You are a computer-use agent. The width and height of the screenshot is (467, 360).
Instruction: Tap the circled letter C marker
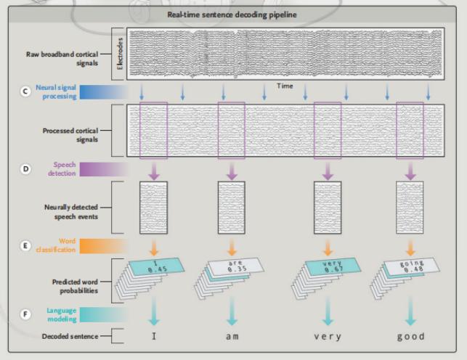[26, 91]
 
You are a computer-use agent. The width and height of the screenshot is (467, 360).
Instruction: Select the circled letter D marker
[26, 169]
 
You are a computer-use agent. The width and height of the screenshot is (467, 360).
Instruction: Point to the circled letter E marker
[26, 246]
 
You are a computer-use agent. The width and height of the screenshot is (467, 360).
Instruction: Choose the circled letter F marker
[26, 314]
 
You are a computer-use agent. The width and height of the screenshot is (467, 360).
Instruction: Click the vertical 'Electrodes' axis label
[120, 53]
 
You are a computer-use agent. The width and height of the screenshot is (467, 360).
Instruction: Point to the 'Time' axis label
[285, 86]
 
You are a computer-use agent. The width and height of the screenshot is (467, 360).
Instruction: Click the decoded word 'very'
[327, 337]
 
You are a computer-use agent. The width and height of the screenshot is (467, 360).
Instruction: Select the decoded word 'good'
[410, 337]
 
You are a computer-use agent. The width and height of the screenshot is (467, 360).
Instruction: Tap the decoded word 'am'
[232, 337]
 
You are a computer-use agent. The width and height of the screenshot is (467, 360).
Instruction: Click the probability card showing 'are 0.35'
[231, 266]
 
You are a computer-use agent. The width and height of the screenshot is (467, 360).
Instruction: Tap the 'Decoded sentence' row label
[70, 337]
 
